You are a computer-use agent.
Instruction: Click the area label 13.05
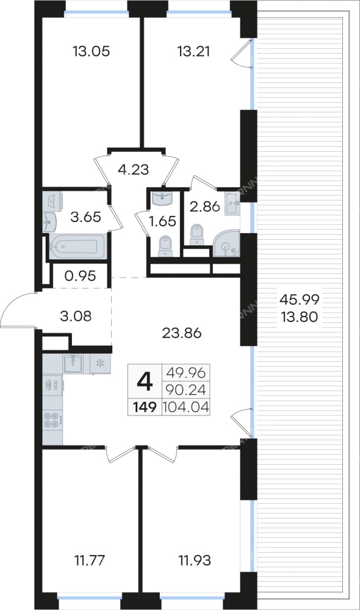[92, 51]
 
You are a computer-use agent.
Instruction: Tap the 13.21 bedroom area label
[193, 51]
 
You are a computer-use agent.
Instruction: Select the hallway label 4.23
[133, 170]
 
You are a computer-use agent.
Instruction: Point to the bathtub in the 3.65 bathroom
[77, 246]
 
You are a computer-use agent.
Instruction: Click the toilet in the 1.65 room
[165, 246]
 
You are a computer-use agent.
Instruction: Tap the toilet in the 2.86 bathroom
[197, 235]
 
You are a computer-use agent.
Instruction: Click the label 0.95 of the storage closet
[80, 276]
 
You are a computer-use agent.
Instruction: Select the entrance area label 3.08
[76, 316]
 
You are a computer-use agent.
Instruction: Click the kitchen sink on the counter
[73, 364]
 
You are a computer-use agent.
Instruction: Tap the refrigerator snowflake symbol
[100, 364]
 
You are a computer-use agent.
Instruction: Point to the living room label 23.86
[182, 333]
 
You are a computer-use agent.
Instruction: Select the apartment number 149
[145, 407]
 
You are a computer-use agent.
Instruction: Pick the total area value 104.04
[186, 407]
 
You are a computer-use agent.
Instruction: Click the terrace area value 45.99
[300, 299]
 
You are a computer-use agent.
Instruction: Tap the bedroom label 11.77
[90, 561]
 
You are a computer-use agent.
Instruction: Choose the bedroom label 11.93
[195, 561]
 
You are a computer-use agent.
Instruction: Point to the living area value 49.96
[185, 373]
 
